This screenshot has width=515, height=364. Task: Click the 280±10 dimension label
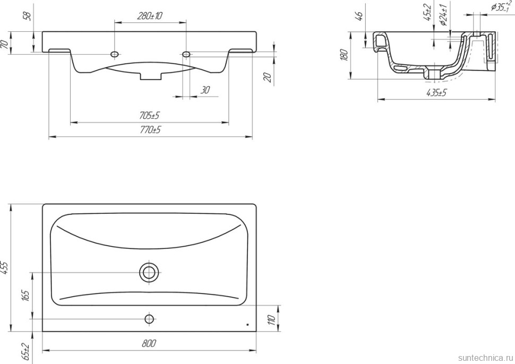pyautogui.click(x=149, y=16)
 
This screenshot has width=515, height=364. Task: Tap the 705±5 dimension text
pyautogui.click(x=149, y=116)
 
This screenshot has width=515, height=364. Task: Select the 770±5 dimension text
pyautogui.click(x=150, y=130)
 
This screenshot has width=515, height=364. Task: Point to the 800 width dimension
pyautogui.click(x=149, y=344)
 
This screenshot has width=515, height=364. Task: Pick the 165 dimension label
pyautogui.click(x=27, y=296)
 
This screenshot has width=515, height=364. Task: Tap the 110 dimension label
pyautogui.click(x=271, y=319)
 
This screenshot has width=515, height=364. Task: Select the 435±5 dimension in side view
pyautogui.click(x=436, y=93)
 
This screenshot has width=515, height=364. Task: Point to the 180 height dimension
pyautogui.click(x=344, y=55)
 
